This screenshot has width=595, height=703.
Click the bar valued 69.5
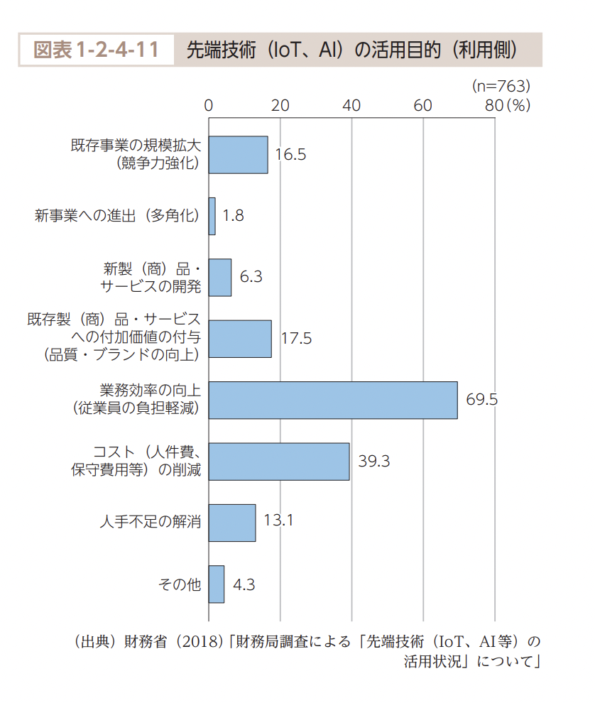[333, 400]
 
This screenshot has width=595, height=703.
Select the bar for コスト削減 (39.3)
[279, 462]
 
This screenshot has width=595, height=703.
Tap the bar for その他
[217, 584]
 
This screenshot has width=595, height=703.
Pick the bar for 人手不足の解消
[232, 523]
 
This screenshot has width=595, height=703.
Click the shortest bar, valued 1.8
[212, 216]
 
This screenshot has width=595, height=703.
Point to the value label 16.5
[290, 155]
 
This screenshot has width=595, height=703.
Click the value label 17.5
[296, 338]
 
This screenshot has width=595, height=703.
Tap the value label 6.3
[251, 277]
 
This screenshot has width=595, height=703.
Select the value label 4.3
[244, 584]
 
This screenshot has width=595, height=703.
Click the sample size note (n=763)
[501, 86]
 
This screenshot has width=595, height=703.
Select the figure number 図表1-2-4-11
[97, 50]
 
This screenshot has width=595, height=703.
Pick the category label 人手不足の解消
[150, 523]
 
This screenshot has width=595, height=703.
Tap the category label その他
[180, 584]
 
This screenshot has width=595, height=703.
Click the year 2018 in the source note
[200, 642]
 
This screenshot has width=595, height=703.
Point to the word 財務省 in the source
[145, 642]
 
